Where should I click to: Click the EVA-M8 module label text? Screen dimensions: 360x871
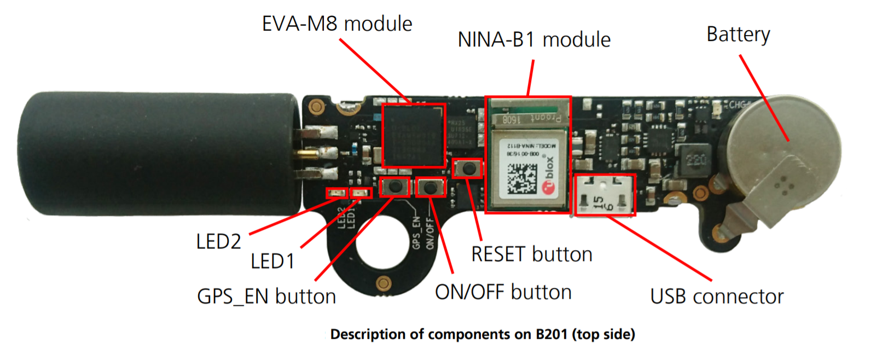[337, 24]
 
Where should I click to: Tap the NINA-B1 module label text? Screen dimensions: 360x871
[534, 40]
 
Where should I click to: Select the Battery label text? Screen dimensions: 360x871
[738, 34]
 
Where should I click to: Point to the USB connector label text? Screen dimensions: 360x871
[717, 297]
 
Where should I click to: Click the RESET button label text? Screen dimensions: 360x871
[532, 254]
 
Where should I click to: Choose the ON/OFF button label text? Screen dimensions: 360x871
[503, 292]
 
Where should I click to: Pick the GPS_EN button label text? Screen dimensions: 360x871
[266, 297]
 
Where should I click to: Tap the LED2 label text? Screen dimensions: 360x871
[218, 241]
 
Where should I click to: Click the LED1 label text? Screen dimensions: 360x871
[272, 262]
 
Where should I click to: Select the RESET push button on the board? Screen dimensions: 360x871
[468, 168]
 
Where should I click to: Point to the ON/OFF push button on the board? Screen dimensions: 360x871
[431, 188]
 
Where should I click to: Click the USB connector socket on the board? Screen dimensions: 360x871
[604, 195]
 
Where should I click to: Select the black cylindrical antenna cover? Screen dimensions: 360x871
[159, 153]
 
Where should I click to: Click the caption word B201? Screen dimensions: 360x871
[551, 334]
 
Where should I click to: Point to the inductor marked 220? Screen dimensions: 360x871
[696, 160]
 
